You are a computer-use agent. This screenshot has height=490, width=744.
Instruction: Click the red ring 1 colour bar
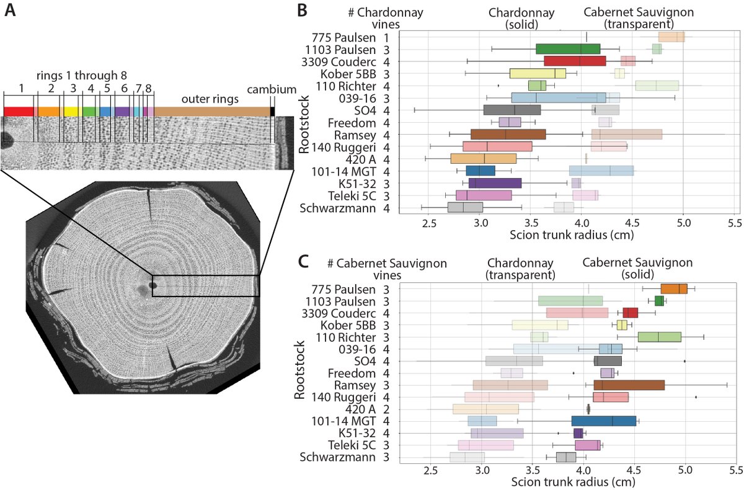[x=19, y=111]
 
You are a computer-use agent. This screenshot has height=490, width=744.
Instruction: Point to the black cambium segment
[x=272, y=111]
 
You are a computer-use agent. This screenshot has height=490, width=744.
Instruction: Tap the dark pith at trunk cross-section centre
[x=153, y=286]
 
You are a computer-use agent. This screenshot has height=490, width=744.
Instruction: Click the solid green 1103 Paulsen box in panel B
[x=568, y=49]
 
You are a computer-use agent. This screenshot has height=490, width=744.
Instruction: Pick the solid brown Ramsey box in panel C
[x=629, y=385]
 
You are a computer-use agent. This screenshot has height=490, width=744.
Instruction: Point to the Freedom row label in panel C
[x=350, y=373]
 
